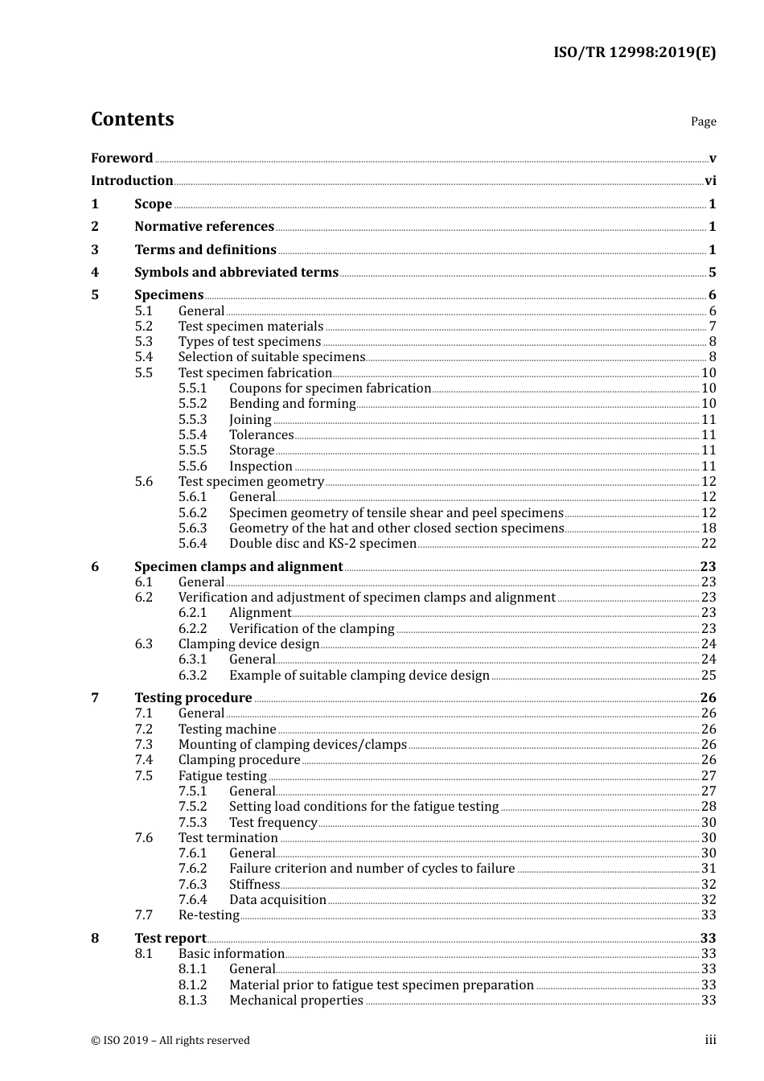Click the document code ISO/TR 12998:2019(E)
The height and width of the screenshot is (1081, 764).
pos(634,53)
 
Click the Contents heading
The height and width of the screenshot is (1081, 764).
pos(132,119)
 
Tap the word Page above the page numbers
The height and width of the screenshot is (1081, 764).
pos(703,121)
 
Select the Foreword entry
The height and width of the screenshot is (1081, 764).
pos(121,158)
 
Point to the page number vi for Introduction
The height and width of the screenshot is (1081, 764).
pos(710,181)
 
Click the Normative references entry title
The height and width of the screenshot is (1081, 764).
pos(204,227)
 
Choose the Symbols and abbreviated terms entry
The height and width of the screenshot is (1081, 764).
pos(236,273)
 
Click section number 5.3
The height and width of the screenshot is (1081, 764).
pos(143,342)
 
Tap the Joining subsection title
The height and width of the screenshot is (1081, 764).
pos(250,420)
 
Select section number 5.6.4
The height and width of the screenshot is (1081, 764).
pos(192,544)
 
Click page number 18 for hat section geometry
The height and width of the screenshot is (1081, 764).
pos(709,528)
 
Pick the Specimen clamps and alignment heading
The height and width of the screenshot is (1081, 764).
pos(238,567)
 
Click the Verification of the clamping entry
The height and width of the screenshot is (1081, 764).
pos(311,629)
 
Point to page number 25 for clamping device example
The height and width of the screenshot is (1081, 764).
pos(709,676)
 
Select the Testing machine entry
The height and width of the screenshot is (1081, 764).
pos(227,730)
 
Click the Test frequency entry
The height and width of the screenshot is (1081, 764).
pos(273,823)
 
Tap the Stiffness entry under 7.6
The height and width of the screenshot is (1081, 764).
pos(254,885)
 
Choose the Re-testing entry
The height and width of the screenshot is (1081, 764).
pos(208,915)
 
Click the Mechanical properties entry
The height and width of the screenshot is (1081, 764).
pos(296,1001)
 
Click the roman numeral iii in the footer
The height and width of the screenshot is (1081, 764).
pos(710,1040)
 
